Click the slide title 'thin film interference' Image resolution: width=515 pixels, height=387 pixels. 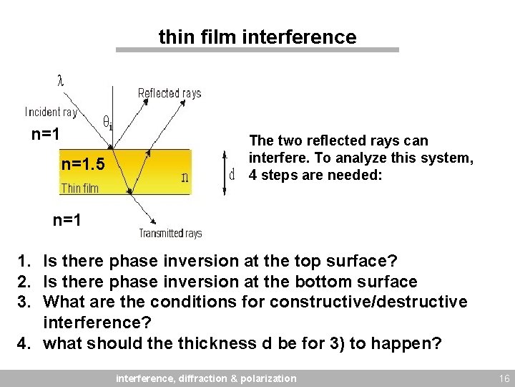pyautogui.click(x=257, y=37)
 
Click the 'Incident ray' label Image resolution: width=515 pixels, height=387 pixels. pyautogui.click(x=51, y=112)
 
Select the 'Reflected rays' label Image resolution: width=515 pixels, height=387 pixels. pyautogui.click(x=170, y=93)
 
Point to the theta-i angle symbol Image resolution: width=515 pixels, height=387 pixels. pyautogui.click(x=107, y=123)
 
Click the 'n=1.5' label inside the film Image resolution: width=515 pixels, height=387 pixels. pyautogui.click(x=83, y=165)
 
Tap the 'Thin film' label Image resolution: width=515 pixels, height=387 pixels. pyautogui.click(x=80, y=188)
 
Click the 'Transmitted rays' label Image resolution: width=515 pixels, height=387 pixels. pyautogui.click(x=170, y=233)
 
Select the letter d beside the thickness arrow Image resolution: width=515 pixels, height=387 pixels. pyautogui.click(x=232, y=174)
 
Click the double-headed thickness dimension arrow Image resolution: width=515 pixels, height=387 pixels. pyautogui.click(x=224, y=172)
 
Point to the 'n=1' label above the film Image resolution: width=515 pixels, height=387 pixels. pyautogui.click(x=44, y=135)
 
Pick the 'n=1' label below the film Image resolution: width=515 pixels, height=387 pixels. pyautogui.click(x=67, y=221)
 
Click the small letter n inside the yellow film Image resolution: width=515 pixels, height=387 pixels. pyautogui.click(x=185, y=176)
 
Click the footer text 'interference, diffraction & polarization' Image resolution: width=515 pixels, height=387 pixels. pyautogui.click(x=206, y=378)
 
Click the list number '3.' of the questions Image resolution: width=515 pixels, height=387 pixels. pyautogui.click(x=26, y=302)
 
